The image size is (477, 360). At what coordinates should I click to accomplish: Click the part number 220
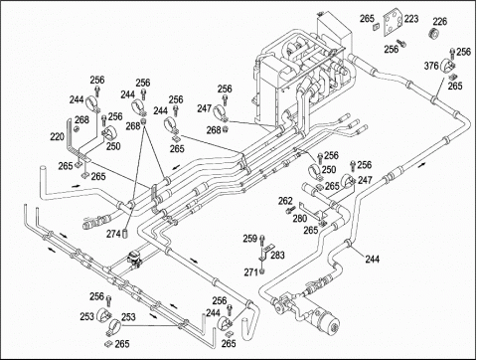pos(57,136)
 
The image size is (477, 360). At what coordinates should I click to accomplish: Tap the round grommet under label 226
pos(435,34)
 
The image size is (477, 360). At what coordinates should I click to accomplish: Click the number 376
pos(431,66)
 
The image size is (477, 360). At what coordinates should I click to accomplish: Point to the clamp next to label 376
pos(447,66)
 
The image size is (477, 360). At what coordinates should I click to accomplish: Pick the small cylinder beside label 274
pos(125,233)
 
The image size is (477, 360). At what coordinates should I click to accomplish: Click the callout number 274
pos(113,234)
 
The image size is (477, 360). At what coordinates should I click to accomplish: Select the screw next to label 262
pos(290,210)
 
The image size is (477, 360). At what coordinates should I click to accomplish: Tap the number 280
pos(299,219)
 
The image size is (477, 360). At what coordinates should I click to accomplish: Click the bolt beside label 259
pos(262,240)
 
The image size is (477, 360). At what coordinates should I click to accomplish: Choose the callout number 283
pos(277,255)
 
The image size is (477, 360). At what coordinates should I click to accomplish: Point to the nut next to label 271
pos(262,271)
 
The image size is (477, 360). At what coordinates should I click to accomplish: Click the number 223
pos(411,19)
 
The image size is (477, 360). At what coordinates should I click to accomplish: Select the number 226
pos(440,22)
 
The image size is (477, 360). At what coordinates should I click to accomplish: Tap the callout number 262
pos(285,201)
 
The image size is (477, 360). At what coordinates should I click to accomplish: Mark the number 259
pos(250,239)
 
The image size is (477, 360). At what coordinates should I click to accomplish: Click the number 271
pos(251,272)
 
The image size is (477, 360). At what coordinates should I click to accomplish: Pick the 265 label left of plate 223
pos(367,19)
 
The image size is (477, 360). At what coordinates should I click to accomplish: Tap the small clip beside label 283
pos(266,251)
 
